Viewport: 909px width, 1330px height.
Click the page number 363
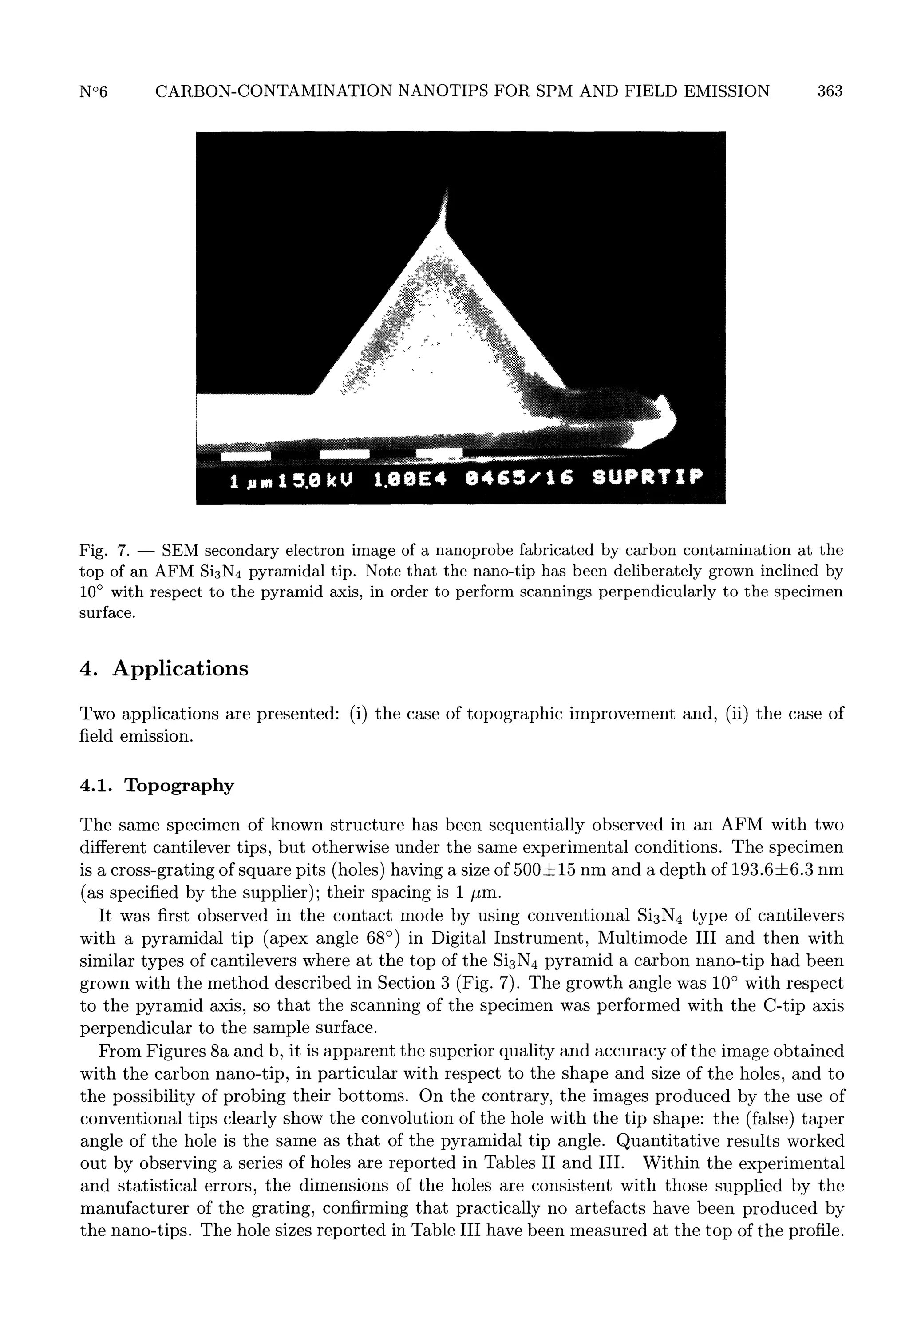[x=830, y=91]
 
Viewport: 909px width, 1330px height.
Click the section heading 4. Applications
[x=164, y=668]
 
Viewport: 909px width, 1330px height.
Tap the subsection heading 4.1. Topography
[x=157, y=785]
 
